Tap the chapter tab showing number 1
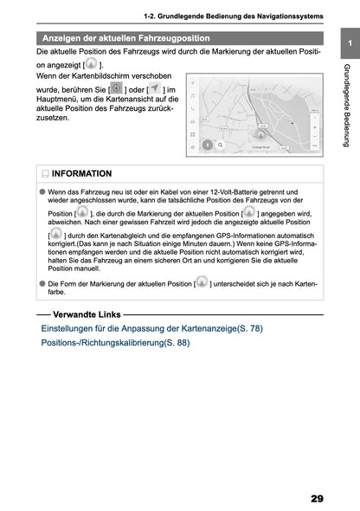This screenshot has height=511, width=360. (347, 43)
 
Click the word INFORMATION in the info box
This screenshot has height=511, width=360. (83, 173)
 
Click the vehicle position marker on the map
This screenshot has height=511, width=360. (258, 135)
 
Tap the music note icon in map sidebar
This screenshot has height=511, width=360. (192, 94)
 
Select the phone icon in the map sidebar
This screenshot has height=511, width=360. (192, 108)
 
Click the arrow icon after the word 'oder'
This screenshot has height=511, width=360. (153, 89)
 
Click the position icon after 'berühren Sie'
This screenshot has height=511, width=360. (117, 89)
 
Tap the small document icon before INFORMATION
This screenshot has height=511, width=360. (44, 173)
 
